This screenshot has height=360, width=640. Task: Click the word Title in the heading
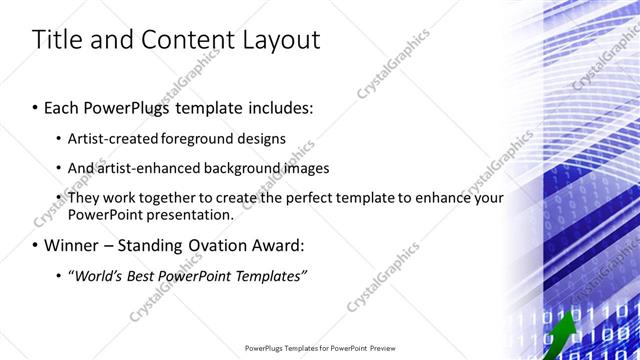pyautogui.click(x=57, y=40)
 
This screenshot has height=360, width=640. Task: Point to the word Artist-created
pyautogui.click(x=111, y=138)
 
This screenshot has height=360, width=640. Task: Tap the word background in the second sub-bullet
pyautogui.click(x=249, y=168)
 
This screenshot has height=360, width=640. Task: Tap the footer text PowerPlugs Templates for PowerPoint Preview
pyautogui.click(x=320, y=349)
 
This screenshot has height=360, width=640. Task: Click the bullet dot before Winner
pyautogui.click(x=35, y=245)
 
